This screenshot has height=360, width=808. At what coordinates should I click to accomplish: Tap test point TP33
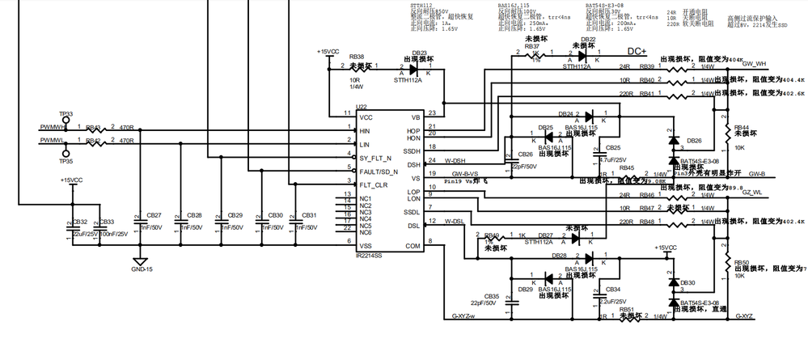[x=67, y=120]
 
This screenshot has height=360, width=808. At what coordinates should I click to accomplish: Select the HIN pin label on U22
[x=365, y=130]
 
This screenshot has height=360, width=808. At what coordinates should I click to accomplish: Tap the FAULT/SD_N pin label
[x=378, y=171]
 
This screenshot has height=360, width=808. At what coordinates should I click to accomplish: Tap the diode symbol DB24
[x=589, y=114]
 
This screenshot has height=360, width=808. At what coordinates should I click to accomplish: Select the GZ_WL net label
[x=754, y=193]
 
